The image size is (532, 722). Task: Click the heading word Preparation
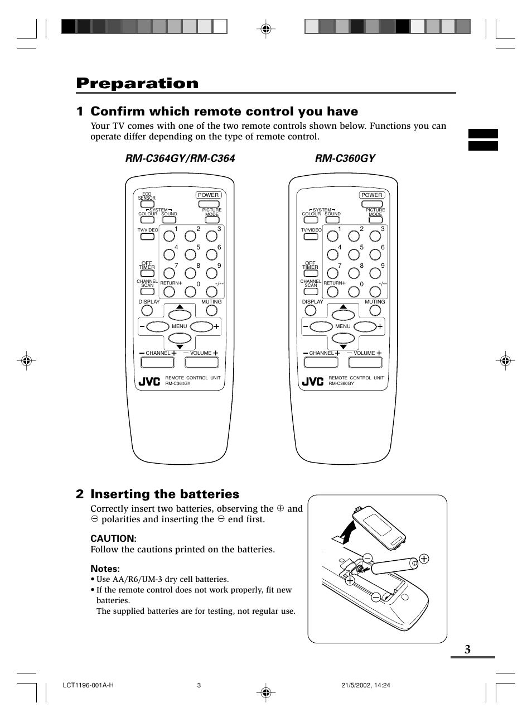(x=137, y=83)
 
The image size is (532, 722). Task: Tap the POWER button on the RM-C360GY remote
(x=372, y=195)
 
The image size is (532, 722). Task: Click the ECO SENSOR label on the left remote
(x=147, y=196)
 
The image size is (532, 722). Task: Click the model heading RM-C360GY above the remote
(x=345, y=158)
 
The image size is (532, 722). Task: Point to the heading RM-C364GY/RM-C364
(x=180, y=158)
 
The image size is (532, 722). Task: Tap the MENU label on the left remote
(x=180, y=326)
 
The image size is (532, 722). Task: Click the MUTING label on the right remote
(x=375, y=302)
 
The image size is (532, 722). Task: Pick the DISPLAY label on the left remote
(x=149, y=302)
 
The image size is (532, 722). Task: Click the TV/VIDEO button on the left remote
(x=147, y=237)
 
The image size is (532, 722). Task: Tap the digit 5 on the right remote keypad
(x=361, y=247)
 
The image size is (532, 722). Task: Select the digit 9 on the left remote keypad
(x=219, y=266)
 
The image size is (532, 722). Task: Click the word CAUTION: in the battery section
(x=113, y=538)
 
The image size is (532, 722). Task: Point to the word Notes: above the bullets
(x=105, y=569)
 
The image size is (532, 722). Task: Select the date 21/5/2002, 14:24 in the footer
(x=365, y=686)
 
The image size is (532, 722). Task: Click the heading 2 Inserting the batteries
(x=158, y=494)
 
